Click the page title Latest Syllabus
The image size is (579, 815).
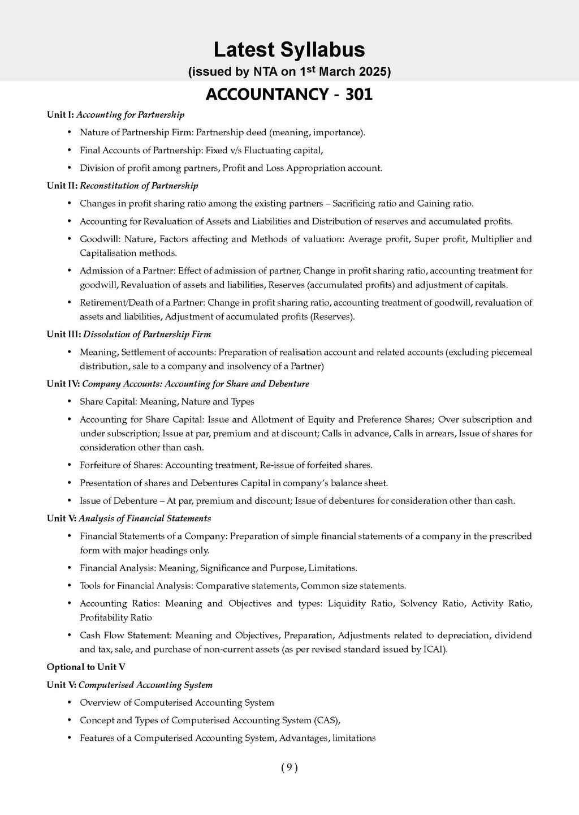(289, 50)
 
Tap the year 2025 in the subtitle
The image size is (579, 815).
(370, 72)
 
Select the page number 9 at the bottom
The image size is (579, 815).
(289, 767)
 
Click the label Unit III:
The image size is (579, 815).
(64, 334)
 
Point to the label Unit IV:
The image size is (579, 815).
(63, 384)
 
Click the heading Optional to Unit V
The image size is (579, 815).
(86, 667)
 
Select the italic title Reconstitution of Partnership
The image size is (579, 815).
(139, 186)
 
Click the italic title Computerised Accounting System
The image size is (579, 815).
(146, 685)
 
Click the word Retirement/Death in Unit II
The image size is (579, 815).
(113, 302)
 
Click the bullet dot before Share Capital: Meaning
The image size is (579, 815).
(69, 402)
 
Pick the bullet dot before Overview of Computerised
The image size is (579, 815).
(69, 703)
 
